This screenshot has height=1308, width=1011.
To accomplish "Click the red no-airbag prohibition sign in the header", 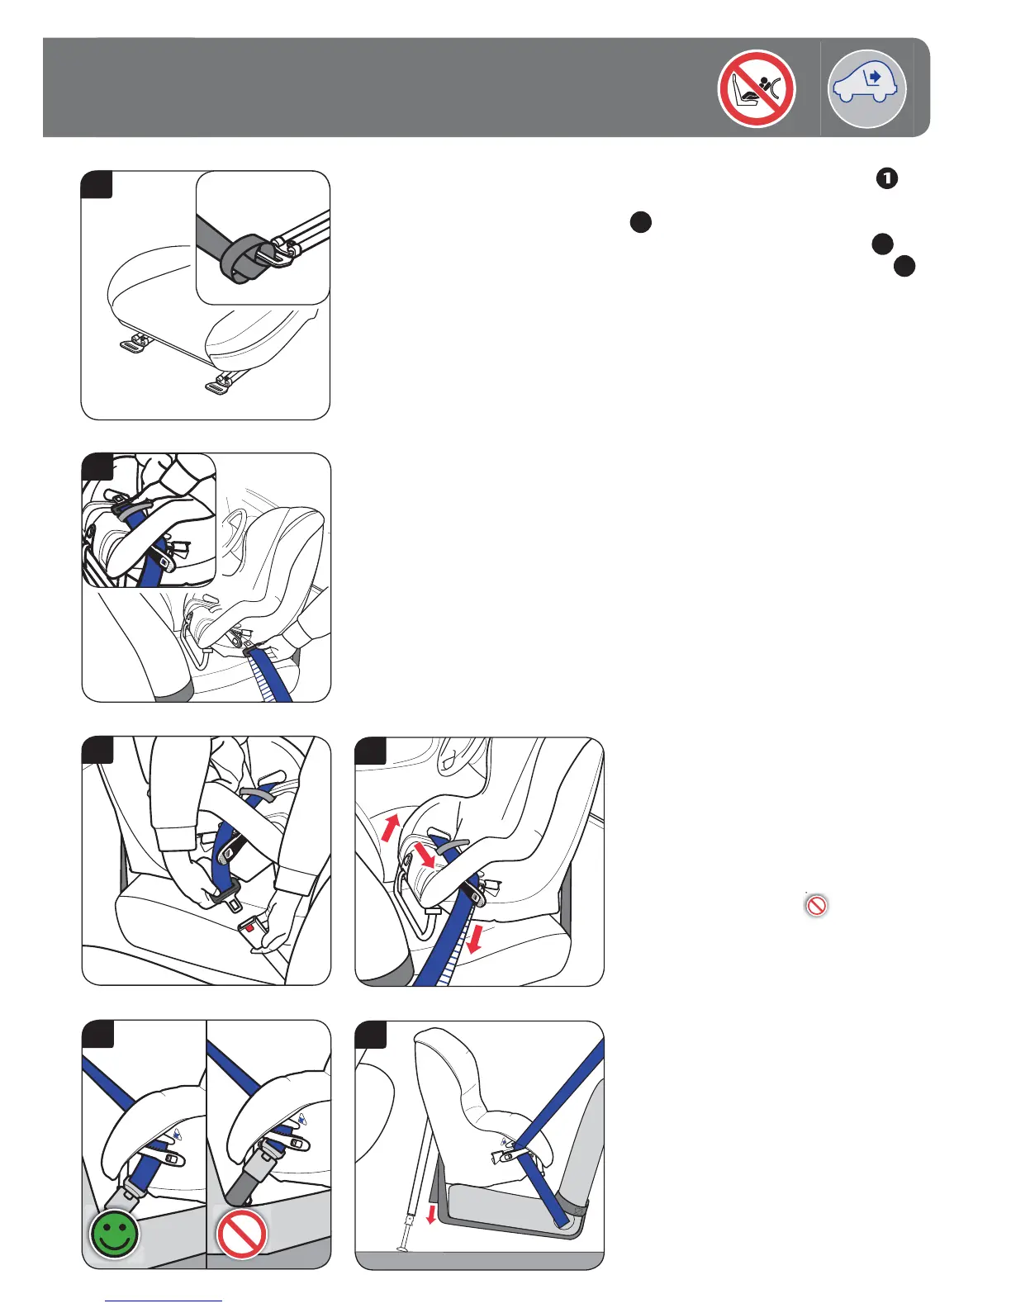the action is click(x=757, y=88).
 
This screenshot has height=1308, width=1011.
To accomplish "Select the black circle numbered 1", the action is click(x=886, y=178).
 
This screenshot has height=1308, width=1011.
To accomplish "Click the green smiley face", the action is click(x=115, y=1234).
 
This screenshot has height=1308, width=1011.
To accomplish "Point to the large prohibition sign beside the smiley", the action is click(x=241, y=1234).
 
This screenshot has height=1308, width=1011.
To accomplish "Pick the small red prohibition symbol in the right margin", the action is click(x=817, y=905).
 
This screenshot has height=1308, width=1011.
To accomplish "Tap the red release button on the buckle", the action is click(x=249, y=928).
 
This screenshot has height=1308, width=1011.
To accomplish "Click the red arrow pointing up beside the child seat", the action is click(x=390, y=827).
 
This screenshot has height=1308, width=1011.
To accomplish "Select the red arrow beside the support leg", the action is click(x=430, y=1214).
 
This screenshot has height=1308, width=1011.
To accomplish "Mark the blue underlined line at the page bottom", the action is click(x=164, y=1301).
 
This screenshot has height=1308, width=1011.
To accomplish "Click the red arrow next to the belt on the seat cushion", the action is click(x=475, y=938).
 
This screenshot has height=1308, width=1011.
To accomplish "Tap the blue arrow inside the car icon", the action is click(x=875, y=77).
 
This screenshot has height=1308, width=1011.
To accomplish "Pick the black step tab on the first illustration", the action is click(x=97, y=185).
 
